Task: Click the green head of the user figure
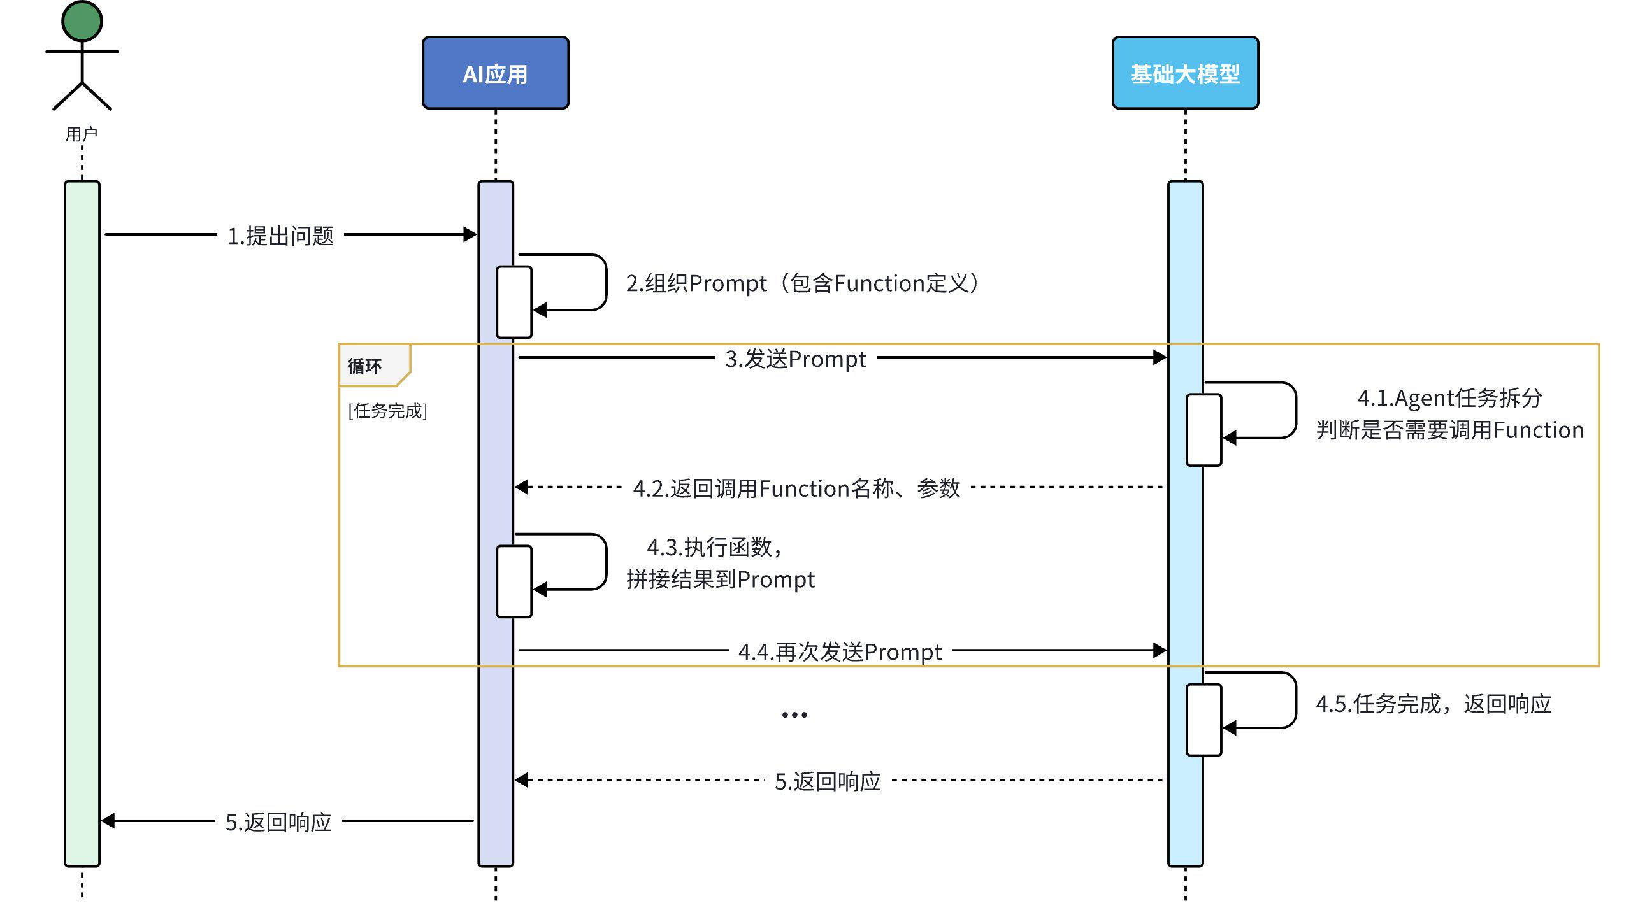[x=82, y=21]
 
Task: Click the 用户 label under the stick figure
[x=81, y=134]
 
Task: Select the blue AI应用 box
[x=495, y=73]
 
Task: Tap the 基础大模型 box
[x=1184, y=73]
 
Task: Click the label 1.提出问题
[x=280, y=236]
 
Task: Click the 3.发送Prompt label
[x=795, y=359]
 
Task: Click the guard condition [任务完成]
[x=387, y=411]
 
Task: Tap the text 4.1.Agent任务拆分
[x=1449, y=398]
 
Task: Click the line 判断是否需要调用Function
[x=1449, y=430]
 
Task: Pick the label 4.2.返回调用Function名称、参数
[x=796, y=488]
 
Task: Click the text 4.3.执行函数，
[x=714, y=547]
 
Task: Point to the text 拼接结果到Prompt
[x=720, y=579]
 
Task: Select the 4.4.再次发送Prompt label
[x=840, y=652]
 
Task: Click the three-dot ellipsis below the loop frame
[x=794, y=714]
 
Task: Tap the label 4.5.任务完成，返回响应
[x=1433, y=704]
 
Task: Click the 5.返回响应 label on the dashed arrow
[x=828, y=781]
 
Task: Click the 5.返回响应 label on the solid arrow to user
[x=278, y=822]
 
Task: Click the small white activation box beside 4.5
[x=1203, y=720]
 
